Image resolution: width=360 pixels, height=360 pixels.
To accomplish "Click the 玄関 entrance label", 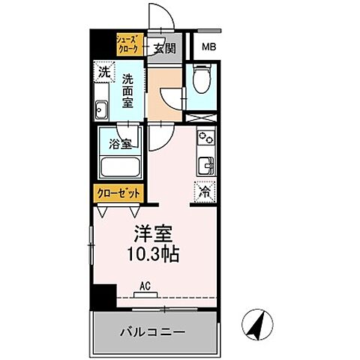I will click(166, 48).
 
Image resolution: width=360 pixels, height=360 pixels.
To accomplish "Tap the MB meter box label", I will click(206, 48).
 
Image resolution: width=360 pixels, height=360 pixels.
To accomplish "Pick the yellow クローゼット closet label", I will click(118, 193).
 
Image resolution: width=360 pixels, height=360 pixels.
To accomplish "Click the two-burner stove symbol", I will click(204, 139).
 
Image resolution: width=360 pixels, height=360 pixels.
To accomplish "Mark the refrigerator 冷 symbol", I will click(204, 191).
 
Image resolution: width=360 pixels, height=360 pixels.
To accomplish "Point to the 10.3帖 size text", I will click(153, 255).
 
